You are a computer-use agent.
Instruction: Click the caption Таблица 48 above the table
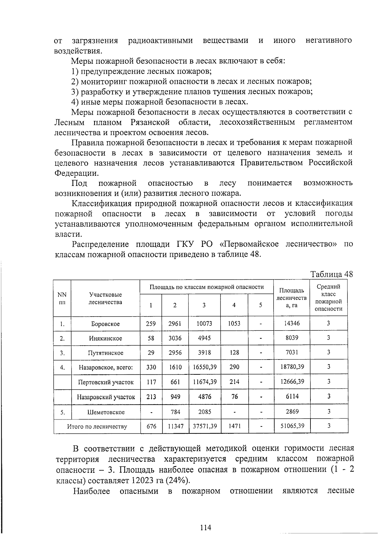click(x=331, y=274)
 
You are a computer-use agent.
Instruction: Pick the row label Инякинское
click(x=105, y=338)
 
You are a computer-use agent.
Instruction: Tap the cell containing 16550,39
click(x=205, y=367)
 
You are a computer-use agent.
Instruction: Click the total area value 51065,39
click(x=292, y=426)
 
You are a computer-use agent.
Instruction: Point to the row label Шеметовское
click(x=106, y=412)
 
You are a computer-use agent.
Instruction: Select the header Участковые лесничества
click(x=105, y=298)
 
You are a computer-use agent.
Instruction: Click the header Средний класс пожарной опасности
click(x=328, y=298)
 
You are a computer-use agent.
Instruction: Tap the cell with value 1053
click(x=234, y=324)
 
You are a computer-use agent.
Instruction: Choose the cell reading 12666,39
click(x=292, y=382)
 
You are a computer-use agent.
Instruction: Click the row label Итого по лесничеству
click(x=97, y=426)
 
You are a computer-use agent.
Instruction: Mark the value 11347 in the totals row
click(x=175, y=426)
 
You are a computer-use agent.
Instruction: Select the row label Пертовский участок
click(x=106, y=382)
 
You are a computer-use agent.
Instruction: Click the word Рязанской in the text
click(x=150, y=122)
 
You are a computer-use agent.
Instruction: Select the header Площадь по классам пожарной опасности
click(x=207, y=287)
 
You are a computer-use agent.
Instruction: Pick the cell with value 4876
click(x=205, y=396)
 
